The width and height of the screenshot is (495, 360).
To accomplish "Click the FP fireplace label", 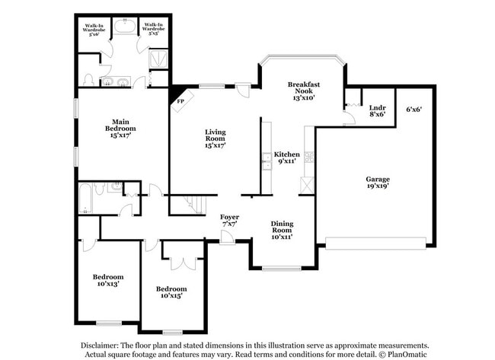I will [180, 101].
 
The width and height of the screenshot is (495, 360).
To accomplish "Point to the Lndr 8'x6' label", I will [377, 111].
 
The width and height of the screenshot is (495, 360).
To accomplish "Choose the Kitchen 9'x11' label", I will [287, 158].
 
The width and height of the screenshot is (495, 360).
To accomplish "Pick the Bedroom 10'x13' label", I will [108, 280].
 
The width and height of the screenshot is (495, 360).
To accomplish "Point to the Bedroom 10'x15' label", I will [171, 292].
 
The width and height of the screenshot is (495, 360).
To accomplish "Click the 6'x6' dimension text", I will [414, 109].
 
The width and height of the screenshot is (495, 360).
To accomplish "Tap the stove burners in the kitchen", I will [309, 157].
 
